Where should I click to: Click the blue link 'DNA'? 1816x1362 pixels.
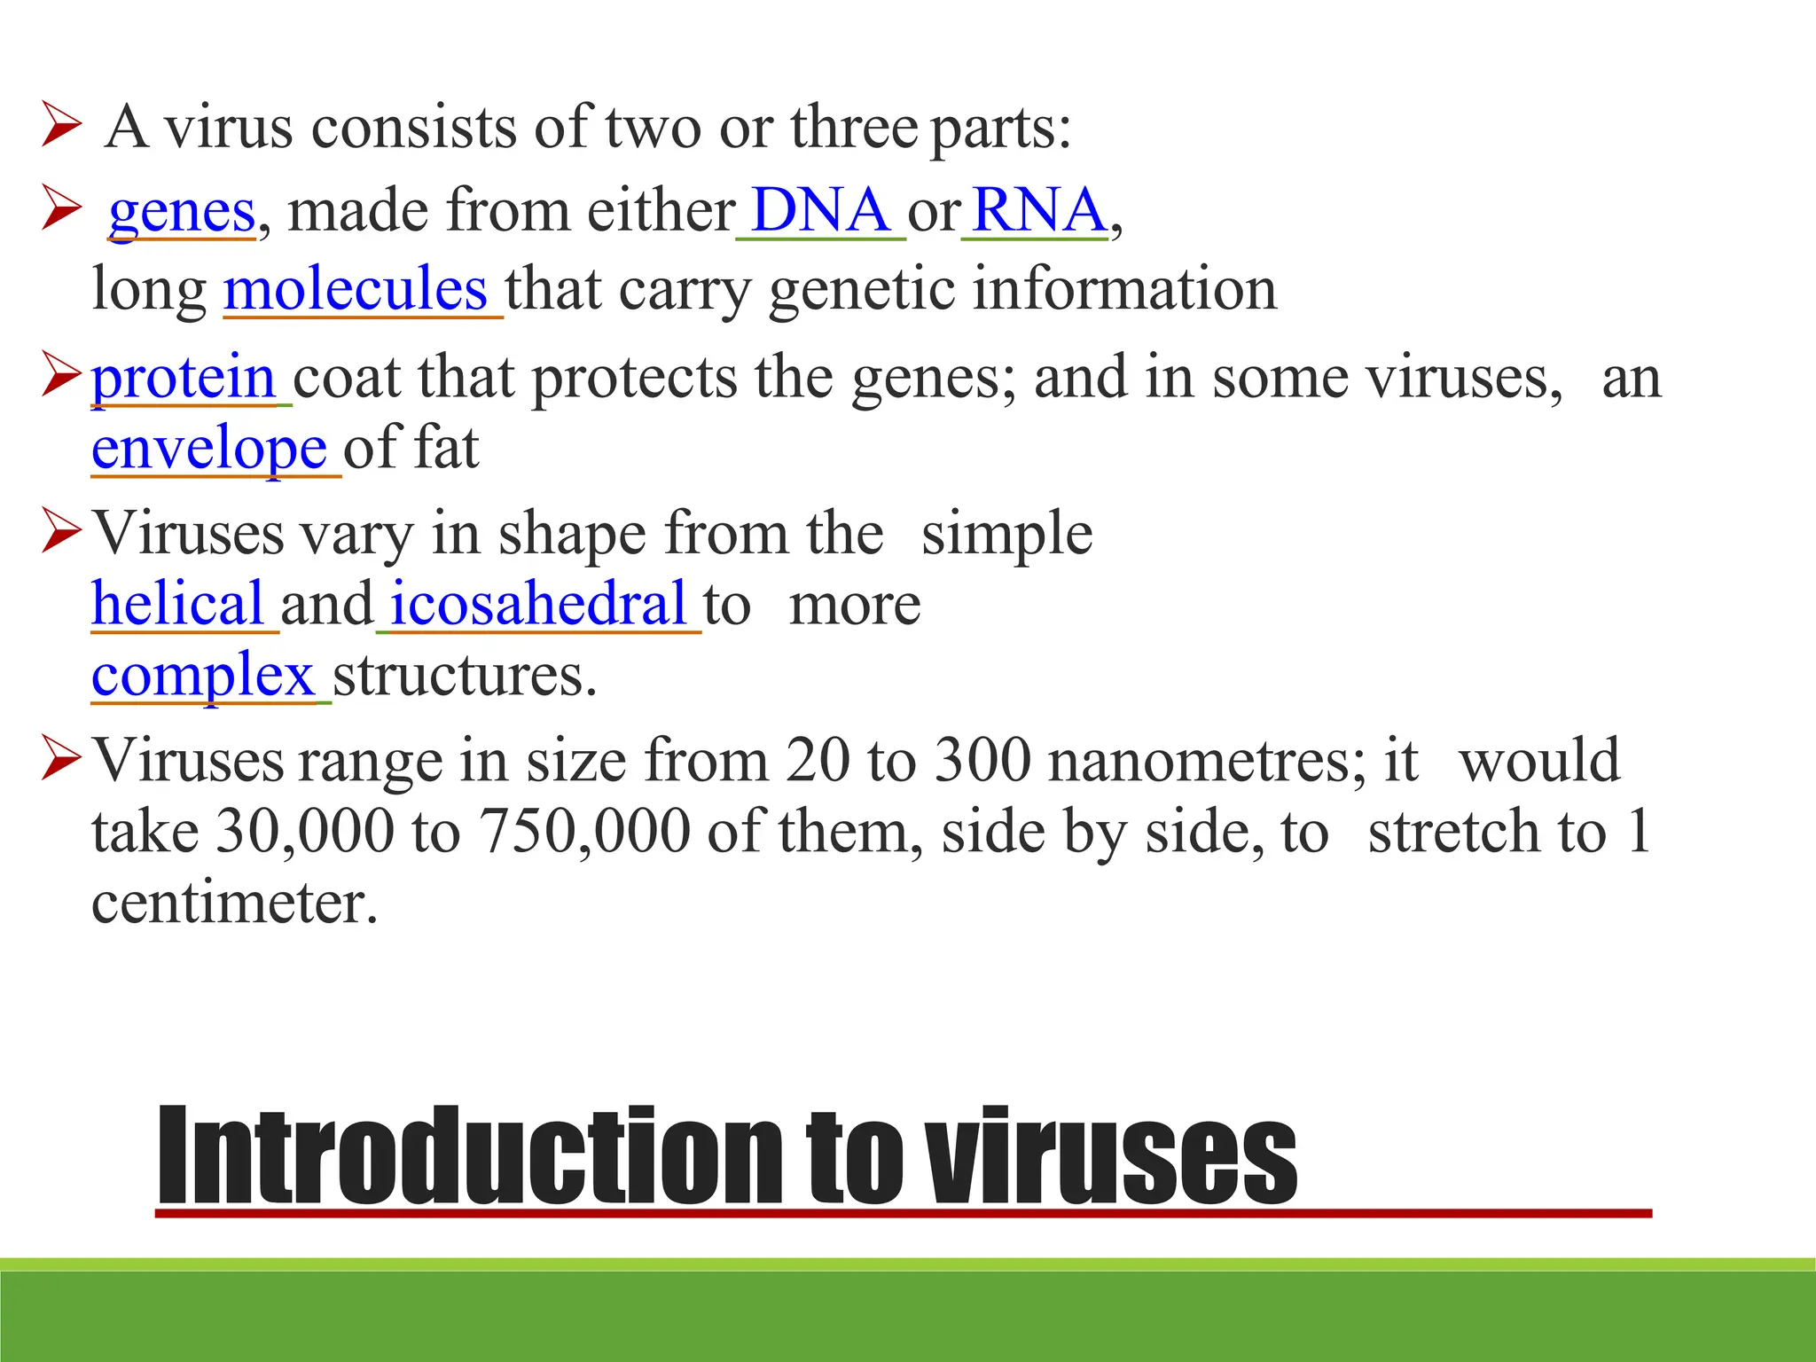tap(820, 211)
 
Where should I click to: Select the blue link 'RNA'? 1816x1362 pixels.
tap(1038, 211)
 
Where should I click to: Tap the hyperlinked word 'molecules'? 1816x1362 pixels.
tap(356, 289)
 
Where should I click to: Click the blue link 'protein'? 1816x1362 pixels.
tap(184, 378)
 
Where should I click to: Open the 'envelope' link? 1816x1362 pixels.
tap(209, 448)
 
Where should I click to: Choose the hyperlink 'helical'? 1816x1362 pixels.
tap(177, 604)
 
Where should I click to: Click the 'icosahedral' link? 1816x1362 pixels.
tap(538, 604)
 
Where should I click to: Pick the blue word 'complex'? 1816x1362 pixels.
tap(203, 676)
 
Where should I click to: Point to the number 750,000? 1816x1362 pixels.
tap(584, 832)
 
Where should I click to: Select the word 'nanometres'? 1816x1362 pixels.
tap(1207, 761)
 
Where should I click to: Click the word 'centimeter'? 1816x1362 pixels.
tap(234, 903)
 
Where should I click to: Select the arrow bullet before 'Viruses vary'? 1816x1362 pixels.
tap(61, 533)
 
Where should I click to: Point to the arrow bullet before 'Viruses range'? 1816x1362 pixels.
tap(61, 760)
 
